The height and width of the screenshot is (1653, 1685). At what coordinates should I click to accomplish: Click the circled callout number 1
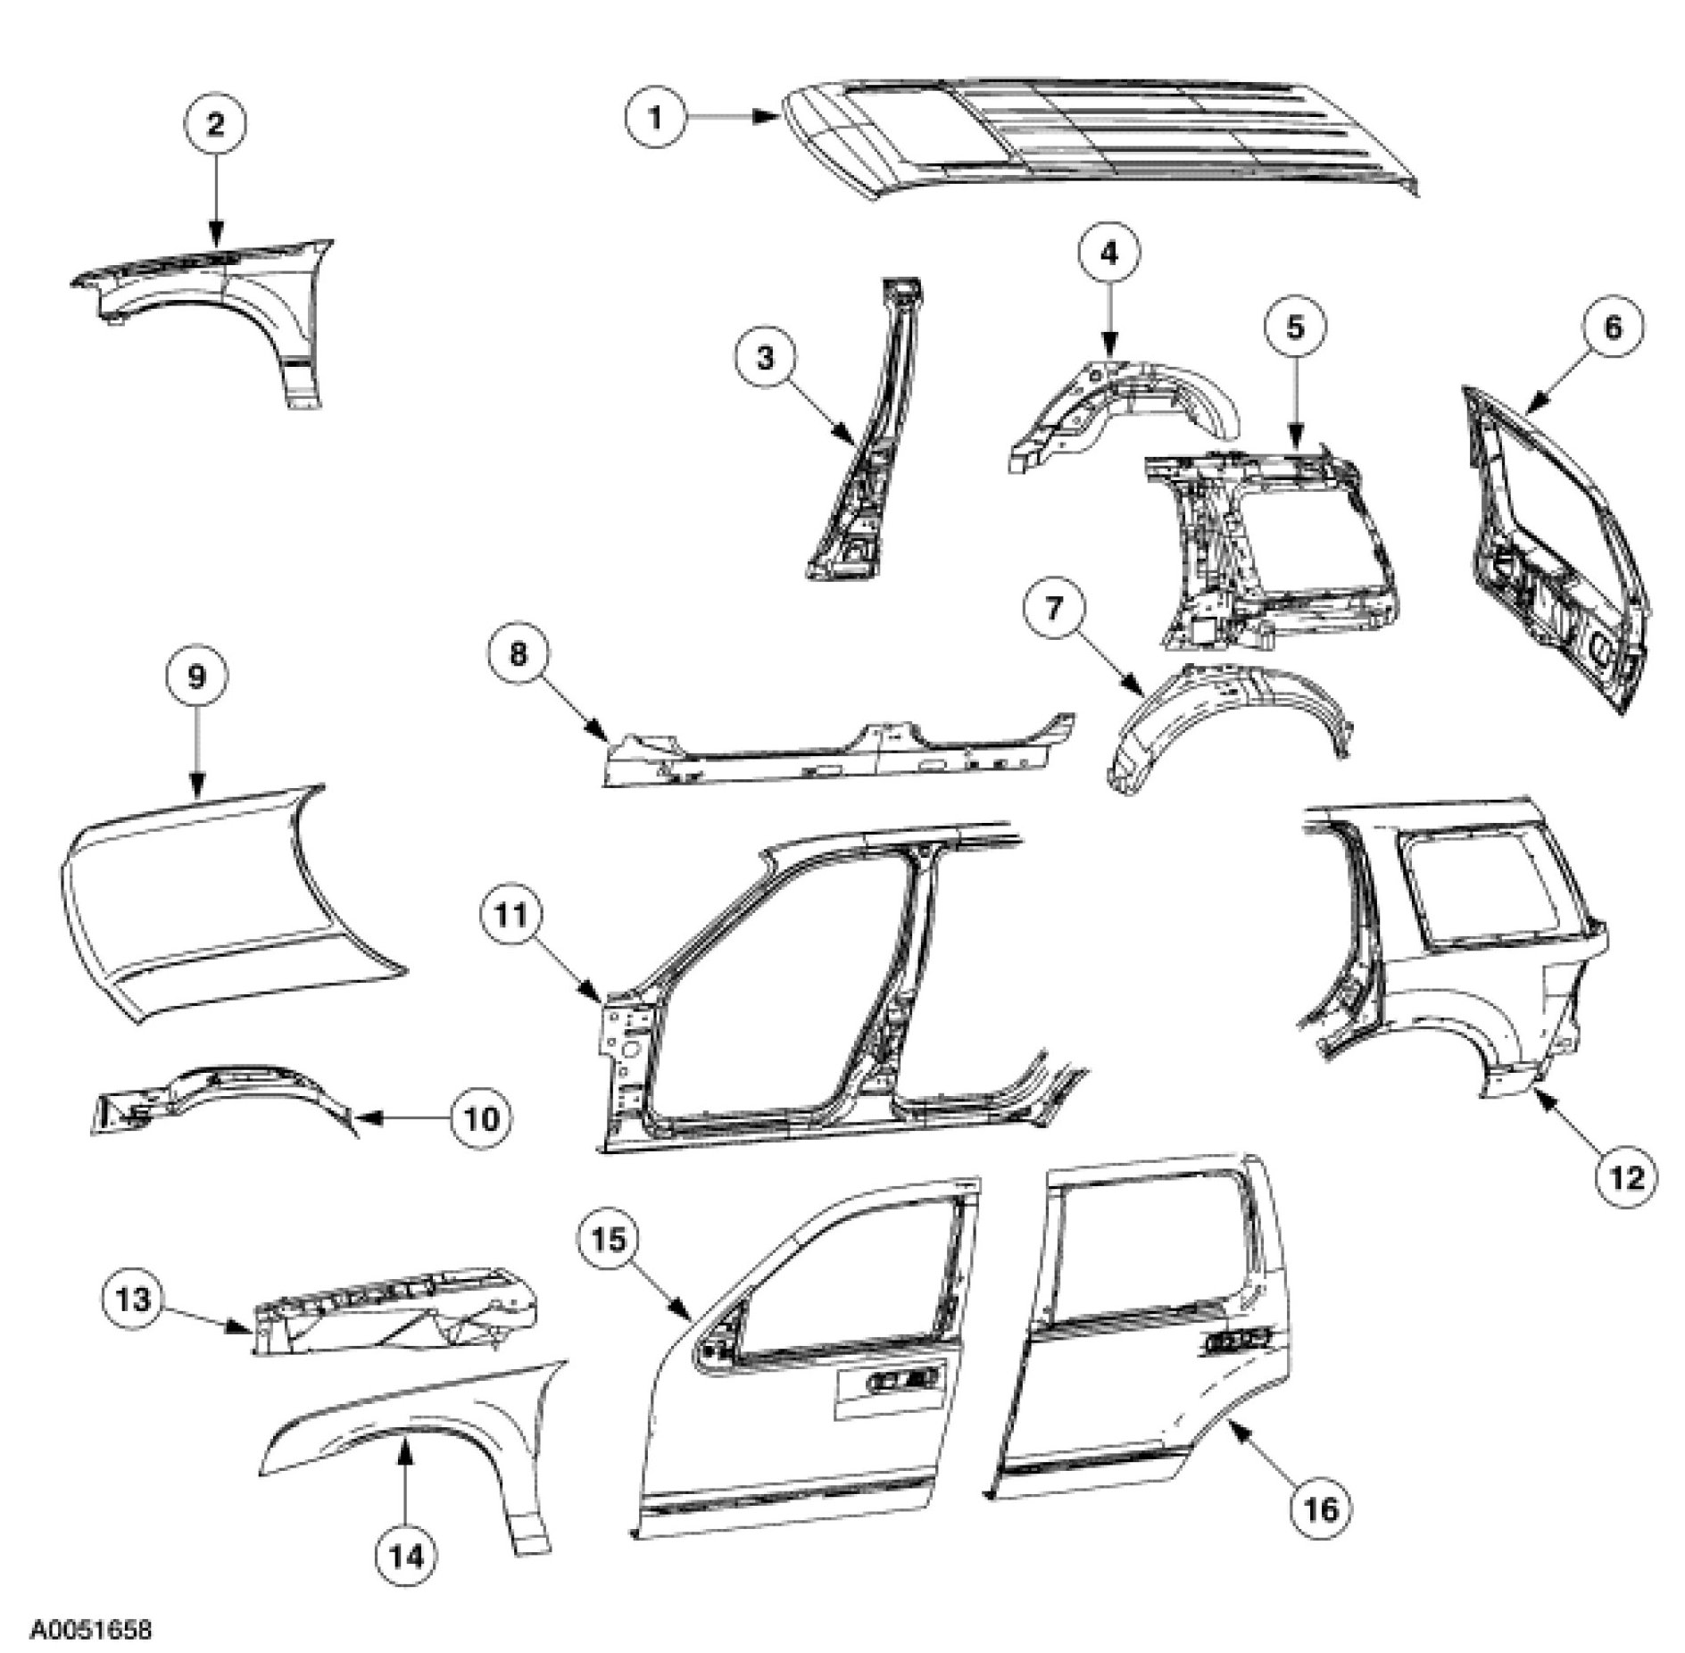click(655, 116)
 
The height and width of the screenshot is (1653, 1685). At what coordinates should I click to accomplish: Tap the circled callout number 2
click(216, 125)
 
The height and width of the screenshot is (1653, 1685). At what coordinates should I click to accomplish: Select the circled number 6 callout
click(1613, 328)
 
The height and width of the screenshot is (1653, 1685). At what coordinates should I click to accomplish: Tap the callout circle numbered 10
click(481, 1117)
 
